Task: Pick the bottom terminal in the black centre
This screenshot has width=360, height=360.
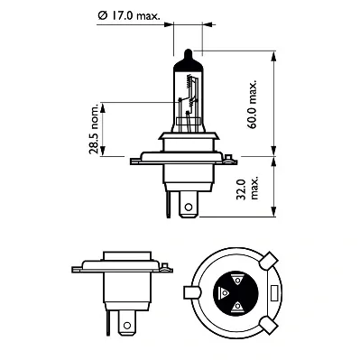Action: [x=236, y=308]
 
